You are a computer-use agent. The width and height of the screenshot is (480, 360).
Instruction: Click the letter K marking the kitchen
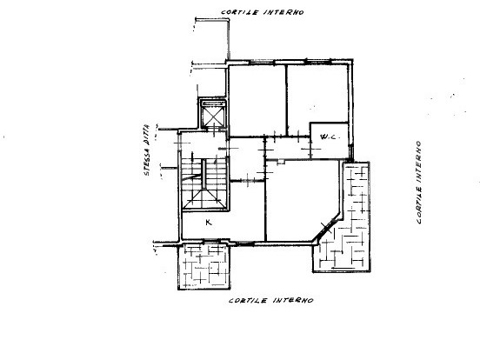click(209, 223)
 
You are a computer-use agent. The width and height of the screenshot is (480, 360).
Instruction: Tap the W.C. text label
click(329, 137)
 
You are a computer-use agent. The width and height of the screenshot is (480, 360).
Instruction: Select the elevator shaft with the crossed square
click(212, 114)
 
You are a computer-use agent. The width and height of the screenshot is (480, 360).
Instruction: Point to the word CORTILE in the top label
click(240, 12)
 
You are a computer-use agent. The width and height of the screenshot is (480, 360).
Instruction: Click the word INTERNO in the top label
click(283, 12)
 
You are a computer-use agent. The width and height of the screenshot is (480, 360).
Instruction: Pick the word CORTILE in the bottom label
click(248, 300)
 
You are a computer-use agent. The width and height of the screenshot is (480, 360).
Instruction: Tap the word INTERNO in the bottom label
click(293, 300)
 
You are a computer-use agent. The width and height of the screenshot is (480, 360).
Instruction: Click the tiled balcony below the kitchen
click(204, 266)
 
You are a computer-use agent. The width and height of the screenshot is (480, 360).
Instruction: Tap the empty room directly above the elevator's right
click(257, 100)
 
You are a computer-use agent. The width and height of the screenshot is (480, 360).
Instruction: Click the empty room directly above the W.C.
click(317, 94)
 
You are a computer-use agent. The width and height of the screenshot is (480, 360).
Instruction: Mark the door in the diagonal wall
click(327, 228)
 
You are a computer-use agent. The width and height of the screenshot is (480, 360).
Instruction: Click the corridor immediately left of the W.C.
click(288, 148)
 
